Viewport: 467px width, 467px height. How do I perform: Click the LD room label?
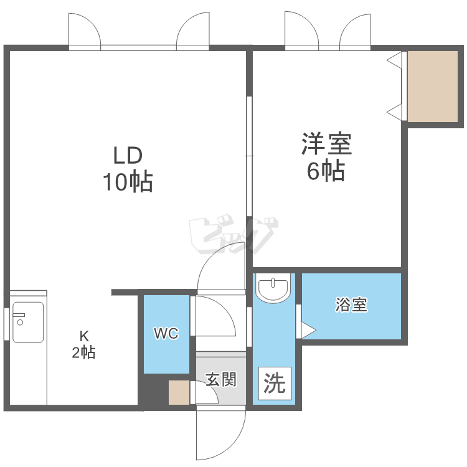pos(128,155)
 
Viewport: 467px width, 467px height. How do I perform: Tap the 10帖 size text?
pos(128,181)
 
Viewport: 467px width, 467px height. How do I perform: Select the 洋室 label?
pos(327,144)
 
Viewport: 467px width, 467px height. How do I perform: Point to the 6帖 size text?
pos(326,171)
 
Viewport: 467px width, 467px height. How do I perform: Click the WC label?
pos(166,333)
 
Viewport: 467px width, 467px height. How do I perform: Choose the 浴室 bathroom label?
pos(351,304)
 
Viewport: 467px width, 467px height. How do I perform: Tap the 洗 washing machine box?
pos(275,384)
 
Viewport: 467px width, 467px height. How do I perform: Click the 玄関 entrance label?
pos(221,379)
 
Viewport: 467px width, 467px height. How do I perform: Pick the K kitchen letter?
pos(84,336)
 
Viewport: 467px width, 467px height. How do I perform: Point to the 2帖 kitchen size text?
pos(83,352)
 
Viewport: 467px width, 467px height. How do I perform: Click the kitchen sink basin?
pos(28,323)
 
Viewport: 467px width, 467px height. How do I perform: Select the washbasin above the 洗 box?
pos(273,288)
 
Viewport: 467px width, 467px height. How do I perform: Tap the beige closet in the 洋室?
pos(433,87)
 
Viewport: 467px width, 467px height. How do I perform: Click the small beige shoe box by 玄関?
pos(179,392)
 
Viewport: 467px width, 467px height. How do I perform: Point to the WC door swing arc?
pos(224,309)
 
